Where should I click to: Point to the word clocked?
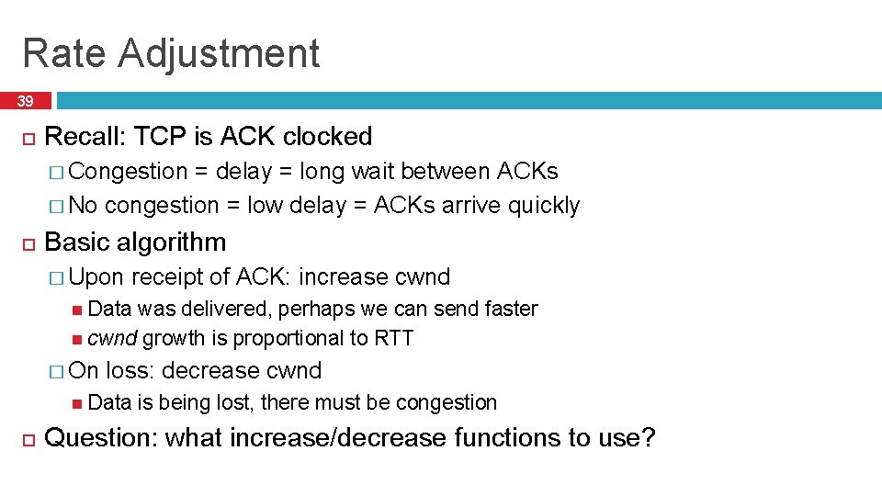tap(327, 137)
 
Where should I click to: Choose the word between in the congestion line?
tap(446, 171)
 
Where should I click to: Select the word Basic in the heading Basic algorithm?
tap(74, 242)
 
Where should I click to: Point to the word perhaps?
tap(318, 309)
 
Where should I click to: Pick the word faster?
tap(506, 309)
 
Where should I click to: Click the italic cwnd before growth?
tap(112, 339)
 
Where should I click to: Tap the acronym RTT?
tap(393, 339)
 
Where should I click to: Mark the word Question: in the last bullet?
tap(101, 438)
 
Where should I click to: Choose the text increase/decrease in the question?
tap(337, 438)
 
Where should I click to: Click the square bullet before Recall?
tap(28, 138)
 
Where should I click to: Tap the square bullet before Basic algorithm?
tap(28, 243)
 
